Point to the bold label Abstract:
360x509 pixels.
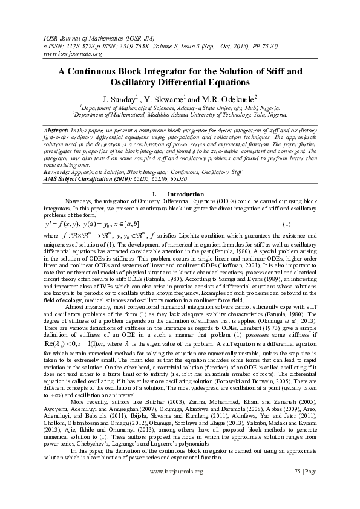point(56,131)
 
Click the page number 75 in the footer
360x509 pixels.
point(298,487)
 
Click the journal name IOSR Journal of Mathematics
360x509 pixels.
point(81,36)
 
